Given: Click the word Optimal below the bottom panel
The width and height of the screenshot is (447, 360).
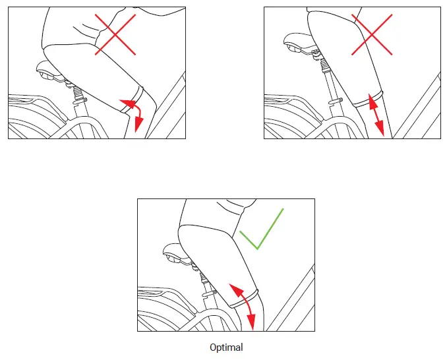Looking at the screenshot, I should pos(226,347).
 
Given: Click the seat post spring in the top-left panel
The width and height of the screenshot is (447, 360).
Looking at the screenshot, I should pos(76,92).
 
